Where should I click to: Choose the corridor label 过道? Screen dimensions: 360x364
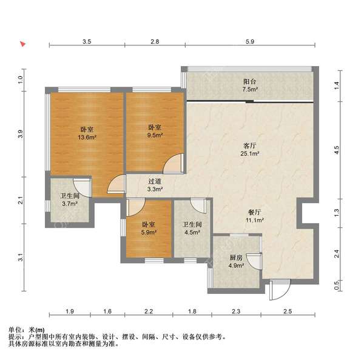click(x=155, y=181)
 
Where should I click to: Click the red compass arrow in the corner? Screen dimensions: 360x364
click(x=22, y=44)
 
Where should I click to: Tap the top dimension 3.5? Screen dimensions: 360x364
click(x=87, y=41)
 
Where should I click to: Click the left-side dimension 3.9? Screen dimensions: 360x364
click(x=20, y=135)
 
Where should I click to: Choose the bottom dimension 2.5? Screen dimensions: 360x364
click(x=288, y=312)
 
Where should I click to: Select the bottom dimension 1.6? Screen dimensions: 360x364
click(x=107, y=312)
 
